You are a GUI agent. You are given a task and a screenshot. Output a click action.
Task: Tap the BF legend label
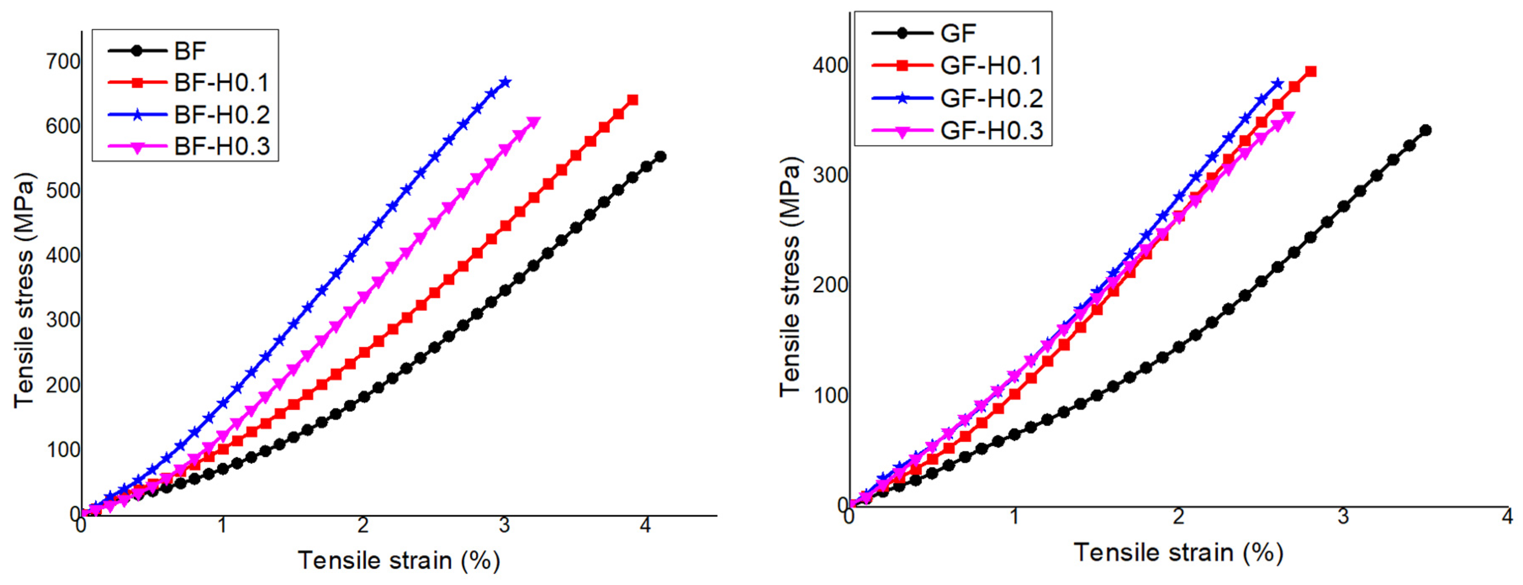pyautogui.click(x=189, y=51)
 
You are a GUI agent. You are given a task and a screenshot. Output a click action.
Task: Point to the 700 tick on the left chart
pyautogui.click(x=63, y=61)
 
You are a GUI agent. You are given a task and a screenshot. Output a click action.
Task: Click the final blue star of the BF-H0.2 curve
pyautogui.click(x=505, y=82)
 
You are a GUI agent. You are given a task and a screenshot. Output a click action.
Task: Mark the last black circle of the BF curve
pyautogui.click(x=661, y=157)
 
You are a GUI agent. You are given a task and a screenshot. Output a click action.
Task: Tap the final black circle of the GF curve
pyautogui.click(x=1425, y=131)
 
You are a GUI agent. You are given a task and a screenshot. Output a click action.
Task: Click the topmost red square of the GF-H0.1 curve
pyautogui.click(x=1311, y=71)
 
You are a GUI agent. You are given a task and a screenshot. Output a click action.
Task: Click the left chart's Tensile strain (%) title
pyautogui.click(x=399, y=560)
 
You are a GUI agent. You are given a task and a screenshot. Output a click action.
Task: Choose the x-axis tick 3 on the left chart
pyautogui.click(x=504, y=526)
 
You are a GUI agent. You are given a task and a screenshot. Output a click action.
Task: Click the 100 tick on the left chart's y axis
pyautogui.click(x=63, y=450)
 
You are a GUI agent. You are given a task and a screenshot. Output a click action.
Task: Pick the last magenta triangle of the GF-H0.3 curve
pyautogui.click(x=1289, y=117)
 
